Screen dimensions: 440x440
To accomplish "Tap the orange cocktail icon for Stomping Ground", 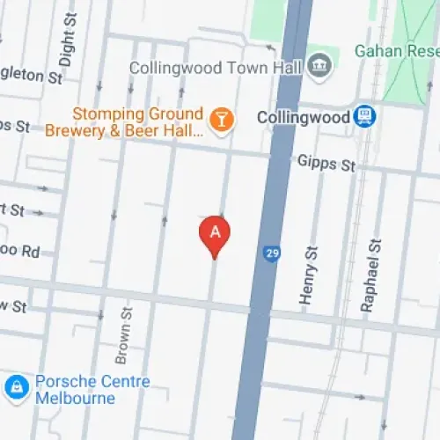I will click(x=222, y=118).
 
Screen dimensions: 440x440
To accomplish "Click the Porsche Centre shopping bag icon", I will click(x=16, y=386).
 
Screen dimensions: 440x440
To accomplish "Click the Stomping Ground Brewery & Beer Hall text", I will click(x=138, y=123).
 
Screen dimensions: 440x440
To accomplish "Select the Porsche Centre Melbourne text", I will click(x=92, y=390).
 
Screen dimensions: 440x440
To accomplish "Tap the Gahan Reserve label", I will click(x=396, y=50).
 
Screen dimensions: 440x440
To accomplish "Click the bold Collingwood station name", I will click(x=304, y=116).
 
